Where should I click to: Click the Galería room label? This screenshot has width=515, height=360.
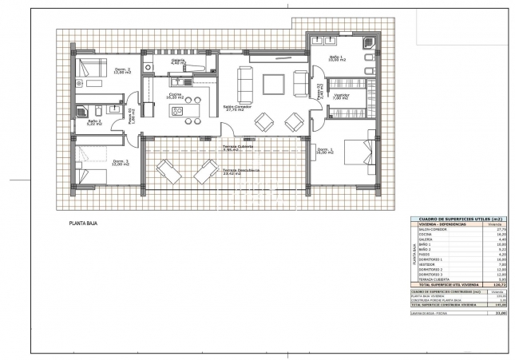coord(177,61)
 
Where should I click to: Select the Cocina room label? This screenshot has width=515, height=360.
coord(175,96)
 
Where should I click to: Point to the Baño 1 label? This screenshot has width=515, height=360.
coord(336,59)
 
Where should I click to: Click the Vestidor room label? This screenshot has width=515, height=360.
coord(342,97)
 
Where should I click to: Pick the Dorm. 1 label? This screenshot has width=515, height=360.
coord(324,152)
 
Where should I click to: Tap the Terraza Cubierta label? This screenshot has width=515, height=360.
coord(238,148)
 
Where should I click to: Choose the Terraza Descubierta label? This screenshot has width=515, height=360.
coord(241,171)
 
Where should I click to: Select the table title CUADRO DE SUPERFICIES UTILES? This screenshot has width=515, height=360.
coord(453,220)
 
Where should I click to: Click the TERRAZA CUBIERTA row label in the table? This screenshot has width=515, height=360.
coord(436,279)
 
